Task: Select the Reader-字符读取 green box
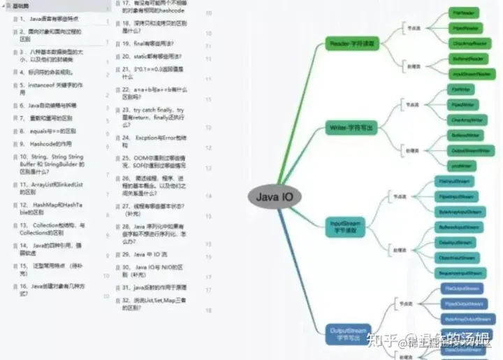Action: point(351,44)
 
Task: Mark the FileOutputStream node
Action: point(462,288)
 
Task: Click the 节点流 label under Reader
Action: point(413,29)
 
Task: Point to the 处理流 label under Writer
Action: point(413,150)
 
